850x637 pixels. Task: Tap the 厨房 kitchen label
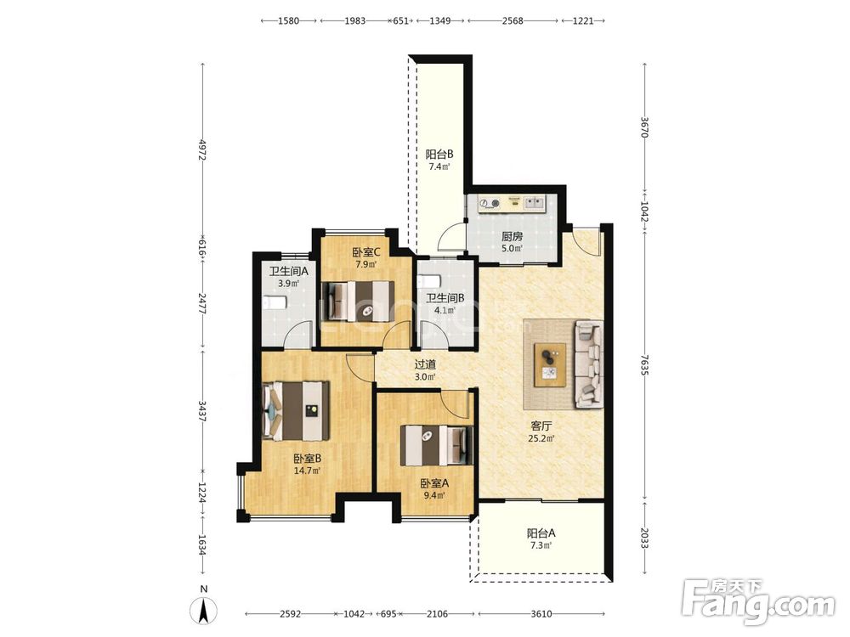click(512, 236)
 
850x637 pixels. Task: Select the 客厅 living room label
click(541, 426)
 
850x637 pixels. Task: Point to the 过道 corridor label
click(425, 364)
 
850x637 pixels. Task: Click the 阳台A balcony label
click(541, 533)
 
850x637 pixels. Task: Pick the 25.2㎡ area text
click(541, 439)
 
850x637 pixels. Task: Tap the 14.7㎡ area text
click(307, 471)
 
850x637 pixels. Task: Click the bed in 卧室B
click(296, 411)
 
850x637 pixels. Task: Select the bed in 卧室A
click(437, 445)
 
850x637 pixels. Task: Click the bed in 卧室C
click(358, 302)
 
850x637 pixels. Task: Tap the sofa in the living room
click(589, 364)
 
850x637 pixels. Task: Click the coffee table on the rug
click(550, 364)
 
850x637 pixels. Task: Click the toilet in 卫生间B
click(429, 282)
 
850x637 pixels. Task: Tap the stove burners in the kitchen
click(490, 203)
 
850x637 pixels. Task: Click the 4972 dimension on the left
click(203, 150)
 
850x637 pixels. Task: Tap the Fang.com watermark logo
click(759, 600)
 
